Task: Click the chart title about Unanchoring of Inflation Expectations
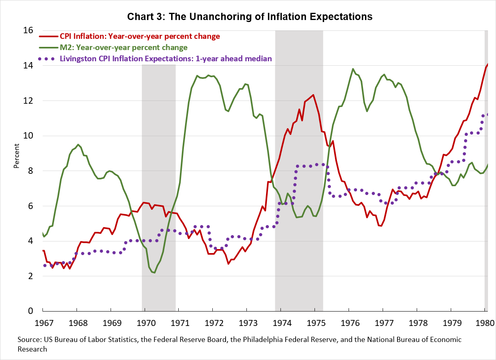coord(250,17)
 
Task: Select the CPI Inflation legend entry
coord(140,36)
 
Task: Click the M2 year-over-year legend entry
coord(123,47)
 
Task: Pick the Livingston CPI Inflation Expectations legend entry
coord(165,58)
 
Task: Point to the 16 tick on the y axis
coord(28,30)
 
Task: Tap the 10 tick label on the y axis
coord(28,136)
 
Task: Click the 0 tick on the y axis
coord(30,311)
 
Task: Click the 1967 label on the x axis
coord(43,323)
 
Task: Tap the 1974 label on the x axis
coord(281,323)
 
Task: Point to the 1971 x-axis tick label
coord(179,323)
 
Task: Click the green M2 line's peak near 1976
coord(353,69)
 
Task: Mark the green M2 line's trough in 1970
coord(154,273)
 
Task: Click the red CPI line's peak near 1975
coord(313,95)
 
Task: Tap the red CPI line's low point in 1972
coord(228,263)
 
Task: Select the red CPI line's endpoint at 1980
coord(488,64)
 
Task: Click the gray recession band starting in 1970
coord(159,160)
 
